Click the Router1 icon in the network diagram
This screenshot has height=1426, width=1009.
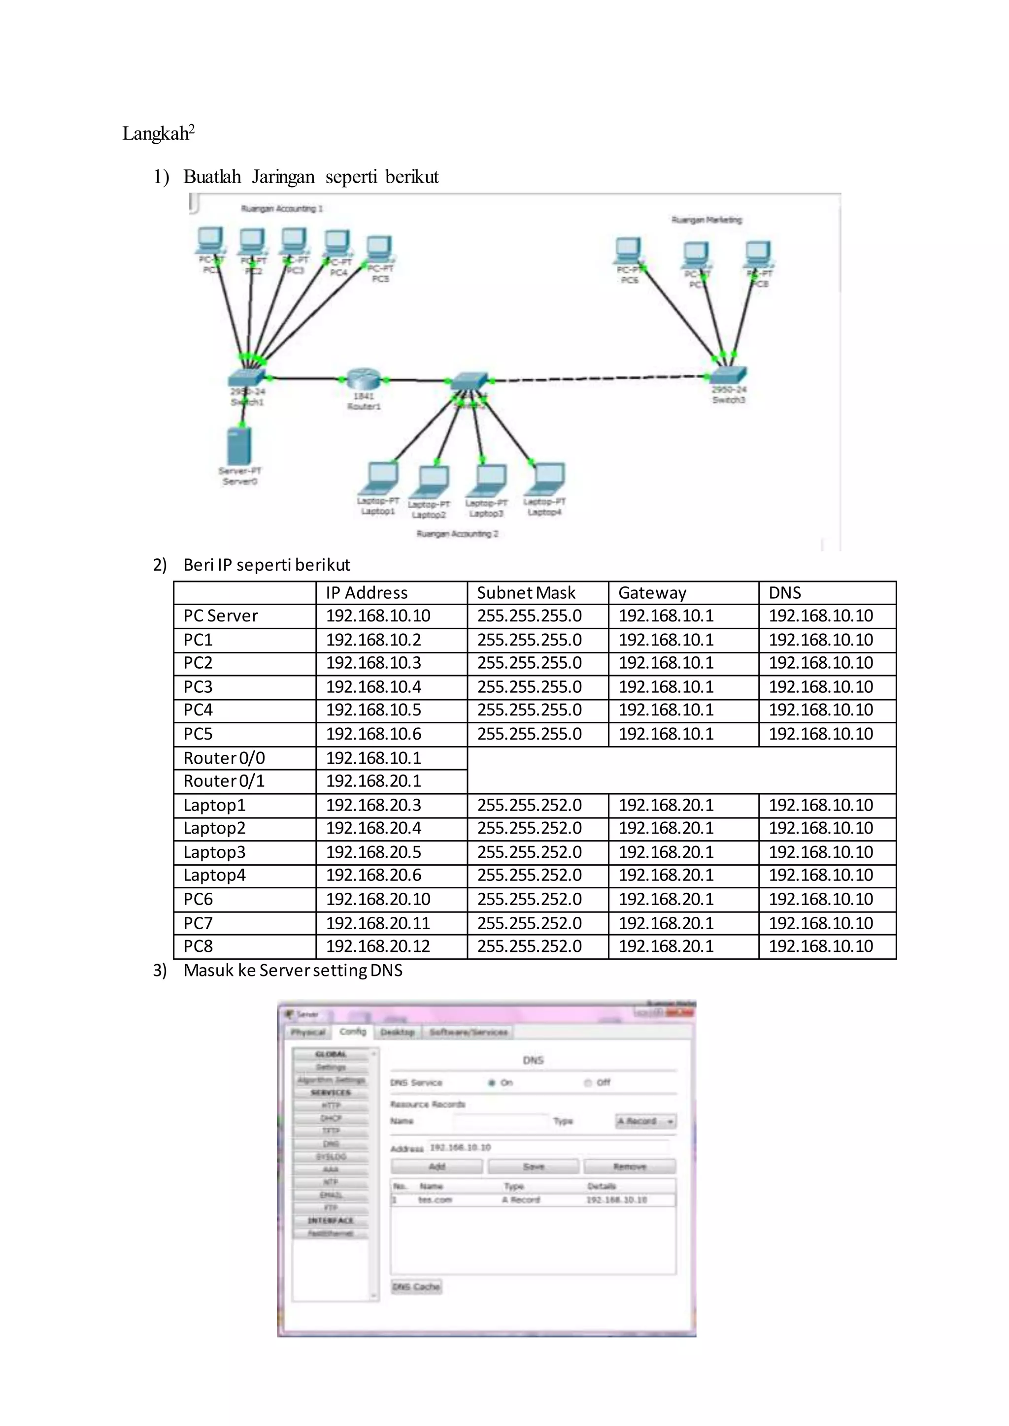363,378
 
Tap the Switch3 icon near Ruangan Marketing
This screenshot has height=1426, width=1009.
728,374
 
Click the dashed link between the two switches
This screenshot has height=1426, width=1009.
597,378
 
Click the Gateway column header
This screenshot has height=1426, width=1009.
652,592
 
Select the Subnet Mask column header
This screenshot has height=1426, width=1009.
526,592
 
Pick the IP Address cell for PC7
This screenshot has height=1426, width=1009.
378,923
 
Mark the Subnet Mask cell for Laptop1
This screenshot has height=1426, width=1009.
529,805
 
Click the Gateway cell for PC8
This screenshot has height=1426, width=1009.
666,946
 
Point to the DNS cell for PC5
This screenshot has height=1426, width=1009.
820,734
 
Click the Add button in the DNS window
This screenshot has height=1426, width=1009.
437,1167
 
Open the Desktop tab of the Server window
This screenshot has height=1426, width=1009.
398,1032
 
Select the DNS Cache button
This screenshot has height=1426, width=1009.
416,1286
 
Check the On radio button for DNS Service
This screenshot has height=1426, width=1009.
492,1082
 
